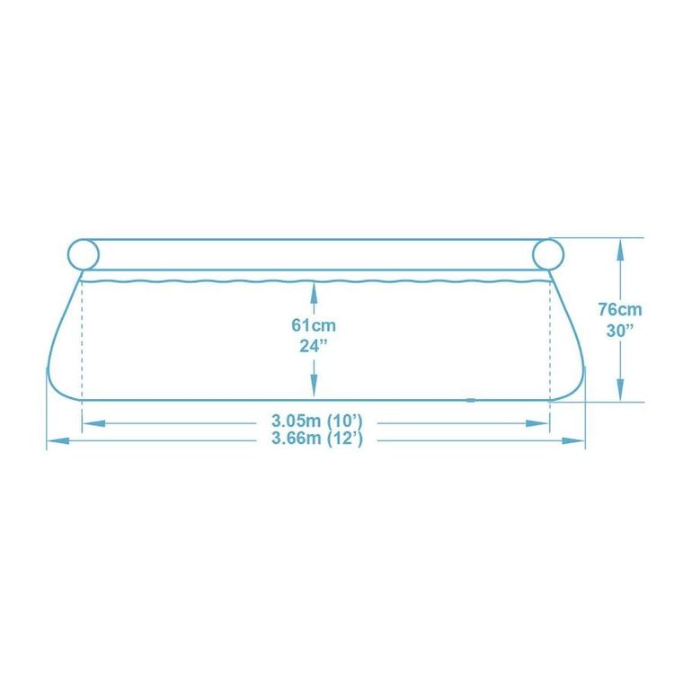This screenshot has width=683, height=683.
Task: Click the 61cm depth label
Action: (314, 325)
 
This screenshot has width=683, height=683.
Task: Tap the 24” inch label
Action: (313, 346)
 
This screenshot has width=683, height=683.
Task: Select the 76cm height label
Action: (620, 310)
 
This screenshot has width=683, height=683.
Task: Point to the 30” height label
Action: (620, 331)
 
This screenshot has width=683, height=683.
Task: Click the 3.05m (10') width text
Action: (317, 421)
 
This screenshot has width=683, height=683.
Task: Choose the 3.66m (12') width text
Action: (317, 439)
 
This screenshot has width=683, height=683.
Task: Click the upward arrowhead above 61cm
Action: (314, 292)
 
